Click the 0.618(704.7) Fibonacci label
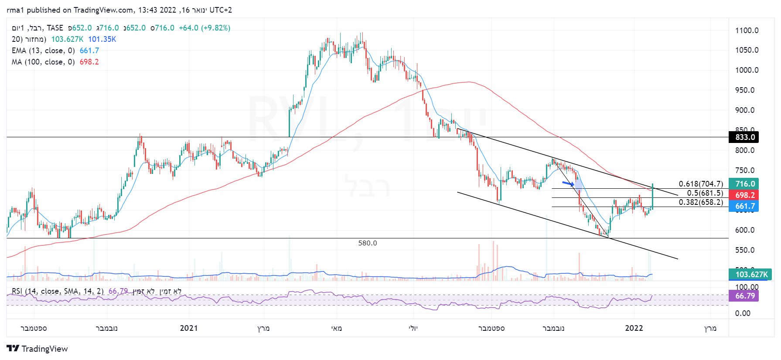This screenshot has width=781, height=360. pyautogui.click(x=701, y=184)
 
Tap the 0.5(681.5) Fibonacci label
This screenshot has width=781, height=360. pyautogui.click(x=705, y=193)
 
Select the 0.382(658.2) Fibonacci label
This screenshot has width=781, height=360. pyautogui.click(x=701, y=202)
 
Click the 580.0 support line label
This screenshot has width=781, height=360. pyautogui.click(x=368, y=243)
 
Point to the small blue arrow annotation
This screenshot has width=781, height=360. pyautogui.click(x=568, y=183)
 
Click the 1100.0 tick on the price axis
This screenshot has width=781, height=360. pyautogui.click(x=747, y=31)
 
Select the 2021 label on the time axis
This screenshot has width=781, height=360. pyautogui.click(x=189, y=328)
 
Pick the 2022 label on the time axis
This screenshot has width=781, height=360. pyautogui.click(x=634, y=328)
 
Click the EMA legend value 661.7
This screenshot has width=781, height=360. pyautogui.click(x=89, y=51)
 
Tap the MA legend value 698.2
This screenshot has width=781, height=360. pyautogui.click(x=89, y=62)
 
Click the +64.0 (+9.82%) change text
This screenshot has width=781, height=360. pyautogui.click(x=205, y=28)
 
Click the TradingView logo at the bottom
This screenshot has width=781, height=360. pyautogui.click(x=38, y=349)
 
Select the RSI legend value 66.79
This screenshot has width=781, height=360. pyautogui.click(x=118, y=291)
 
